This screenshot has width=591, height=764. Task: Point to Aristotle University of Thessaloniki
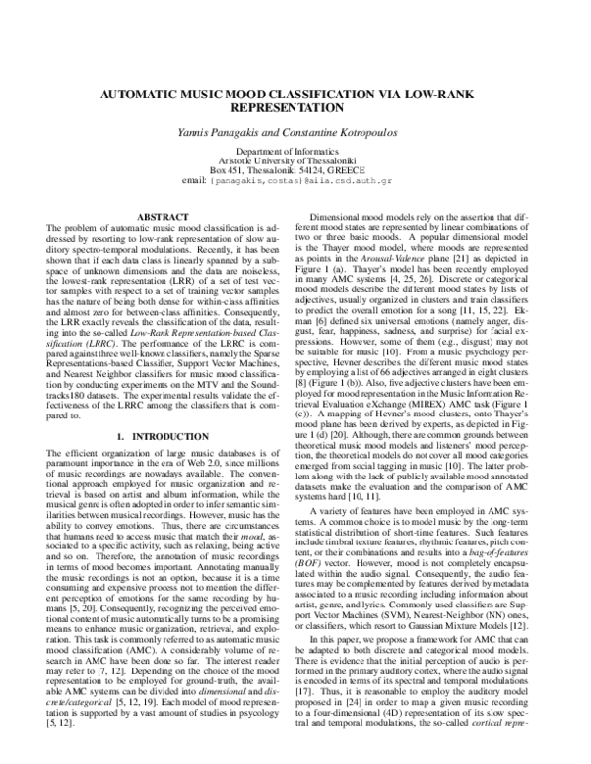[295, 160]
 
